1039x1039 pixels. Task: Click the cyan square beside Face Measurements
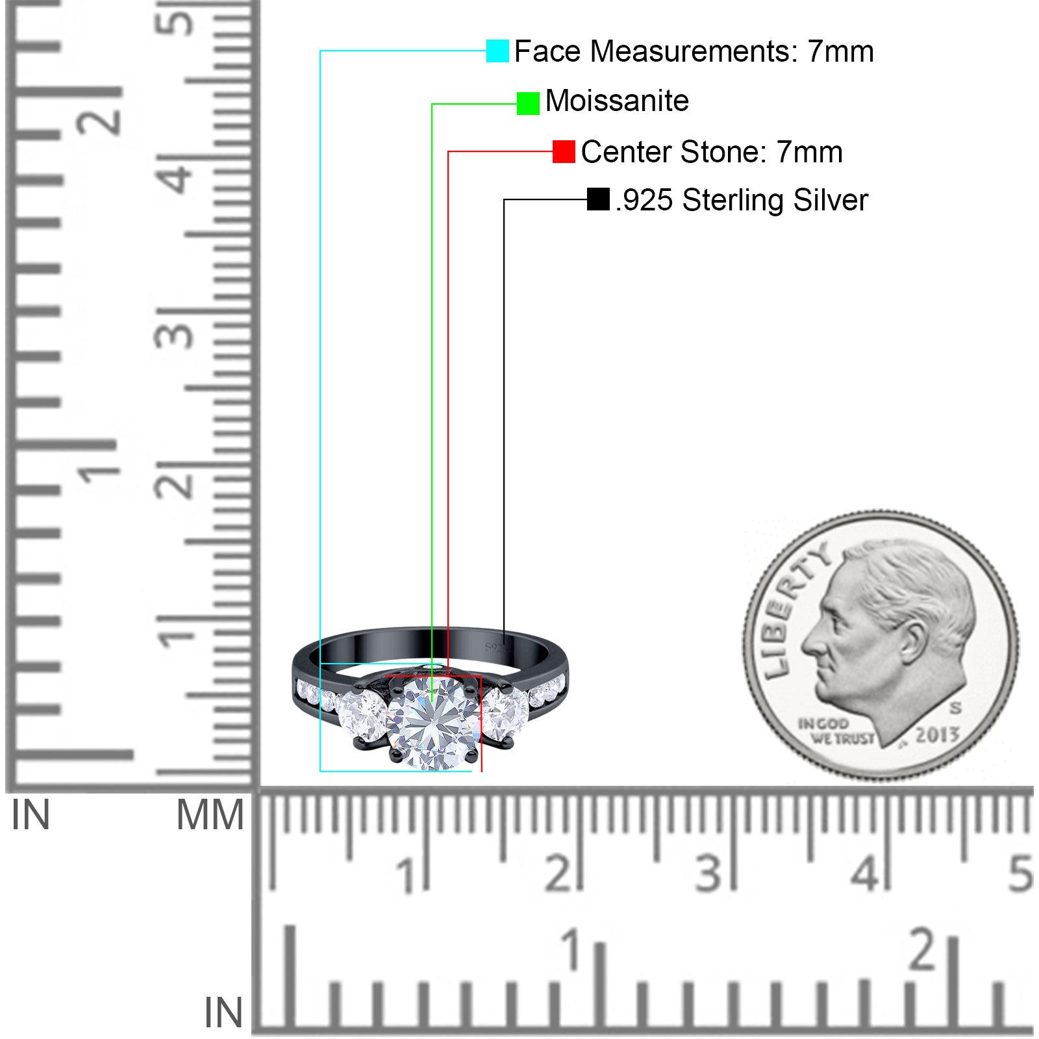pos(497,51)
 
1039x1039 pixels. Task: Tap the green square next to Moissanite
pos(528,103)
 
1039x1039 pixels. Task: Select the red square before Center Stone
pos(564,152)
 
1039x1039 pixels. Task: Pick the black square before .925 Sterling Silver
pos(598,199)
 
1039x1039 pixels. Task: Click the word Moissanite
pos(617,101)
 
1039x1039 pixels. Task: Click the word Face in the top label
pos(547,51)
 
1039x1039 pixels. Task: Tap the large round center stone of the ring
pos(434,722)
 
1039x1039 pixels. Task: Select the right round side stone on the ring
pos(506,714)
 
